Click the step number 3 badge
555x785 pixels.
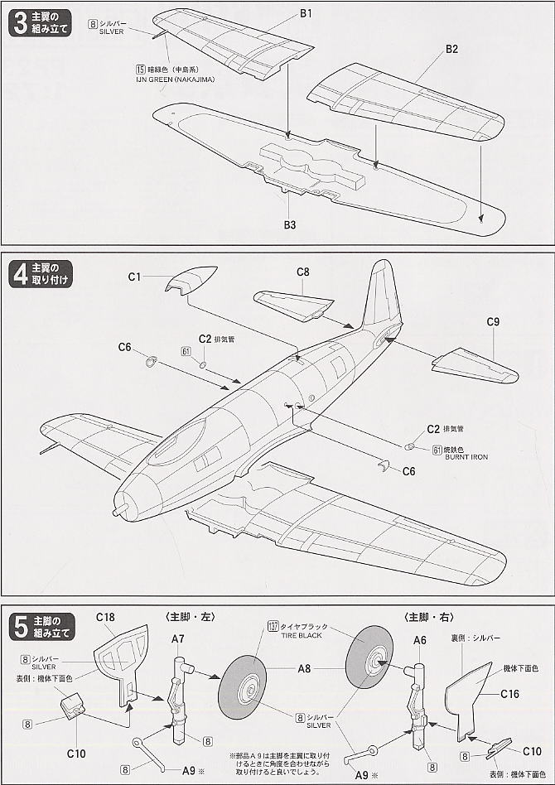pyautogui.click(x=18, y=23)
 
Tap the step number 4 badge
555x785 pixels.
pyautogui.click(x=18, y=274)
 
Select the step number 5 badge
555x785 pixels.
pyautogui.click(x=18, y=627)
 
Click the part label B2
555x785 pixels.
pyautogui.click(x=451, y=50)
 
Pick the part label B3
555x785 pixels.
pyautogui.click(x=289, y=224)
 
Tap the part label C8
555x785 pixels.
pyautogui.click(x=303, y=272)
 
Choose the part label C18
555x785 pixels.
pyautogui.click(x=104, y=616)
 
